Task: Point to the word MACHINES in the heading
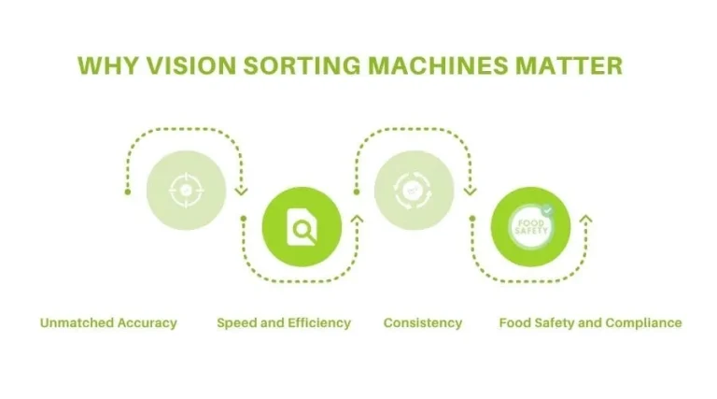tap(441, 66)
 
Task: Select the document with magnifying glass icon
tap(301, 226)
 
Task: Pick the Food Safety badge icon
tap(529, 226)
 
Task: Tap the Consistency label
tap(423, 323)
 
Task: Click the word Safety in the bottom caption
tap(554, 323)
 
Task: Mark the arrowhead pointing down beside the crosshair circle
tap(243, 192)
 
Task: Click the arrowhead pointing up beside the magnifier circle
tap(357, 222)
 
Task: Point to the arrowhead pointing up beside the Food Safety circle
tap(585, 221)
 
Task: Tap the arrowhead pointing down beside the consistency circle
tap(471, 192)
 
